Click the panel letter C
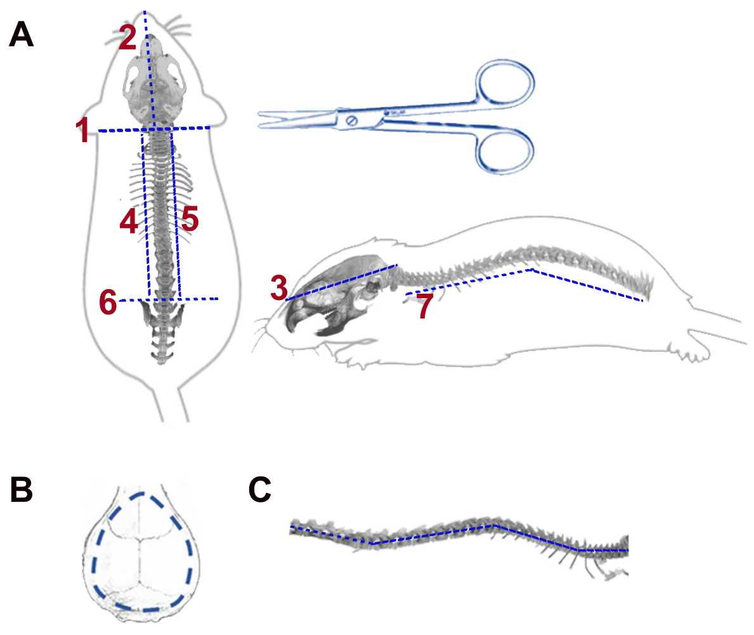pos(260,490)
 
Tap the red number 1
pos(82,132)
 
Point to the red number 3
pos(280,289)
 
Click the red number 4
pos(129,222)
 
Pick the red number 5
pos(189,220)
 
